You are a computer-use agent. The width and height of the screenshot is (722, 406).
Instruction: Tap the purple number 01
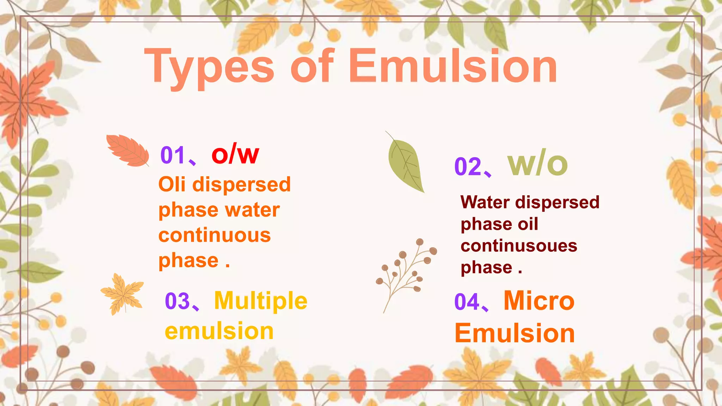click(173, 155)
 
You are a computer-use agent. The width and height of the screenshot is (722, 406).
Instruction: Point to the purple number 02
click(467, 166)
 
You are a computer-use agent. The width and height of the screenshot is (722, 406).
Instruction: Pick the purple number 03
click(177, 301)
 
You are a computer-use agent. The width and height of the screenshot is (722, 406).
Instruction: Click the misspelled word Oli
click(172, 184)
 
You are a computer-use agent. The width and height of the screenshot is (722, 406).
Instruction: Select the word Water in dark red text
click(485, 202)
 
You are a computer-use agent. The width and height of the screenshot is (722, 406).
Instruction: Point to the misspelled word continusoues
click(519, 246)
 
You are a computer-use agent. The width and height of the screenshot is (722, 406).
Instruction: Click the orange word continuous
click(214, 235)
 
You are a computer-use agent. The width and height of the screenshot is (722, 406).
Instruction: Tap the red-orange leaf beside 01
click(128, 150)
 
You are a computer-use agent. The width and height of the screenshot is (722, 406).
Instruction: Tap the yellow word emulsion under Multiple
click(219, 331)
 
